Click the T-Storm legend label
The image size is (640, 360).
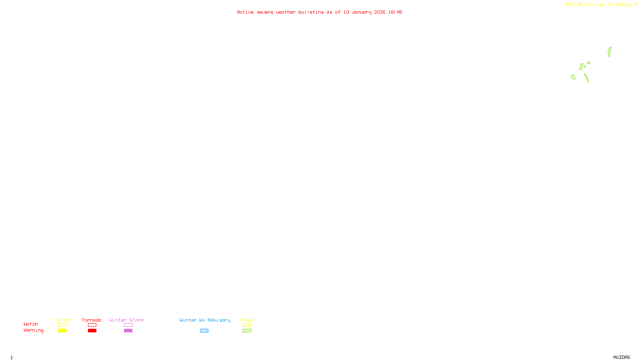click(x=62, y=320)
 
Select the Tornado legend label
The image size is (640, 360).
click(x=92, y=320)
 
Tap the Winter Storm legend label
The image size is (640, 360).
click(x=126, y=320)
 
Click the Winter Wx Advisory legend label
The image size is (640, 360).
click(x=205, y=320)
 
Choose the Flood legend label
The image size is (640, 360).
click(x=247, y=320)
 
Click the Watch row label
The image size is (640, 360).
click(x=31, y=324)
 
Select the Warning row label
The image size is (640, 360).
click(x=33, y=330)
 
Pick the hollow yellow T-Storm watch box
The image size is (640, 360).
click(x=62, y=325)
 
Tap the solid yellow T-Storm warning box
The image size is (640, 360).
click(x=62, y=331)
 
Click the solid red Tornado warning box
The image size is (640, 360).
click(x=92, y=331)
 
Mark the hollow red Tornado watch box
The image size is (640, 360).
click(x=92, y=325)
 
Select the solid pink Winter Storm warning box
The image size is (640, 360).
click(x=128, y=331)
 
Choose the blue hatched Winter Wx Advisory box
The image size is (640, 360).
click(x=204, y=331)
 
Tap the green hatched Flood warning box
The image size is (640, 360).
click(x=247, y=331)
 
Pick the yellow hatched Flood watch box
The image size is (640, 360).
click(x=247, y=325)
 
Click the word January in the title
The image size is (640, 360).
click(x=362, y=12)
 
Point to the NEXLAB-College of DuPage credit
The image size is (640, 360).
click(x=600, y=4)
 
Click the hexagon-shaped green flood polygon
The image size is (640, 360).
click(x=573, y=77)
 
